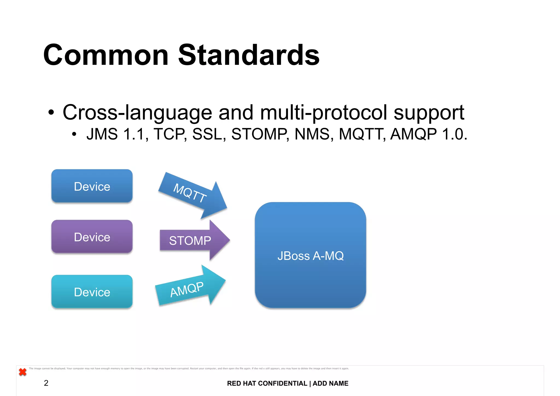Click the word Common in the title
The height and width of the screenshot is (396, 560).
tap(106, 55)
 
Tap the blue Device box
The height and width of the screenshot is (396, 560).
tap(92, 186)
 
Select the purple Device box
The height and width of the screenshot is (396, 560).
tap(92, 237)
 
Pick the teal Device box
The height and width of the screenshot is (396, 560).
tap(92, 292)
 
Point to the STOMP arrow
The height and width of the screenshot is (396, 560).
tap(191, 241)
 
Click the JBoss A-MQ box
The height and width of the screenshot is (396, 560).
tap(310, 255)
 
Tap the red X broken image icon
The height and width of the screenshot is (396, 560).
tap(23, 372)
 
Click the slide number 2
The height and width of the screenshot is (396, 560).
tap(46, 383)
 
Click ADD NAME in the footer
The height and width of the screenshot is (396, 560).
tap(330, 383)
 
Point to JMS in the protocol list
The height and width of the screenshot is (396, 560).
tap(102, 134)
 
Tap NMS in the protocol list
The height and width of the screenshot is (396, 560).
tap(312, 134)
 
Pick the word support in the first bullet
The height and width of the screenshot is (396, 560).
tap(429, 113)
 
